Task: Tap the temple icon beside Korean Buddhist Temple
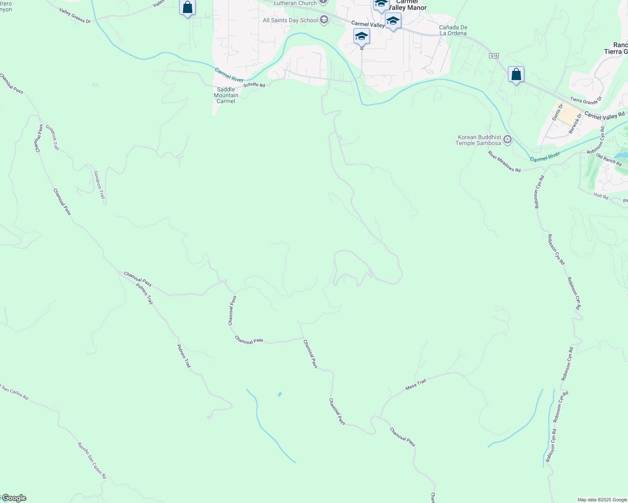(x=508, y=140)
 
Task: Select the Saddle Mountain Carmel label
(x=226, y=95)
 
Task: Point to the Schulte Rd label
(x=254, y=85)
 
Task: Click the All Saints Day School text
(x=290, y=20)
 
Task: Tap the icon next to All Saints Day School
(x=324, y=20)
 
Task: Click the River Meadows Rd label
(x=504, y=161)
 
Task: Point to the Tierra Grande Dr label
(x=586, y=101)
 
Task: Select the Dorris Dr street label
(x=557, y=112)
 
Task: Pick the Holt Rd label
(x=601, y=196)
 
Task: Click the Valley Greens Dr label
(x=75, y=15)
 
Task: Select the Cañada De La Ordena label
(x=453, y=30)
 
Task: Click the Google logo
(x=13, y=498)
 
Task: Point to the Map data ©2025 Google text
(x=602, y=500)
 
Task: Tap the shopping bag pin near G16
(x=516, y=75)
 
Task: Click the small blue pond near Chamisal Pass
(x=280, y=394)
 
